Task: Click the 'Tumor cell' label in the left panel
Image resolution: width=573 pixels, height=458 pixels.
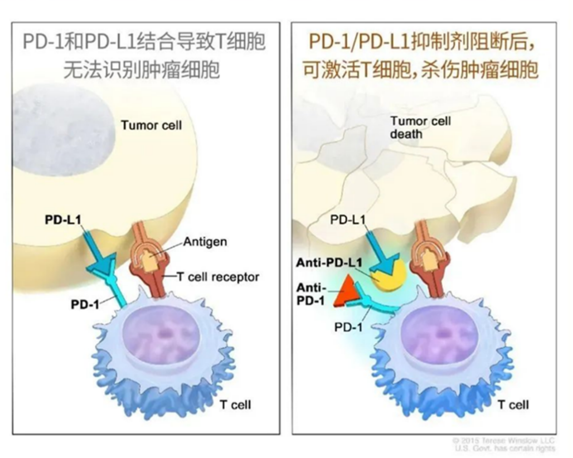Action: (x=151, y=125)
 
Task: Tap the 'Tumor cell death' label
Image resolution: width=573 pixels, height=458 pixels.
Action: (x=421, y=127)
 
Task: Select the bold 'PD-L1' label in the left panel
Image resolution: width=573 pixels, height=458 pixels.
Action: (x=63, y=220)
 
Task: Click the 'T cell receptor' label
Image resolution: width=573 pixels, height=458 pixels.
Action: (x=217, y=276)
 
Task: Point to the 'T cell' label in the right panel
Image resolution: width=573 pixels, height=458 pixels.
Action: (x=512, y=405)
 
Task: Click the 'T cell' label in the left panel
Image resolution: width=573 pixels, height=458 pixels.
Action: (x=234, y=405)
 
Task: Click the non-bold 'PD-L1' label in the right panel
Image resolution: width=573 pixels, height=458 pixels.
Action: (x=348, y=220)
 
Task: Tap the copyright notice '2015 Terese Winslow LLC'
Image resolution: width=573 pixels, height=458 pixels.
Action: (x=505, y=440)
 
